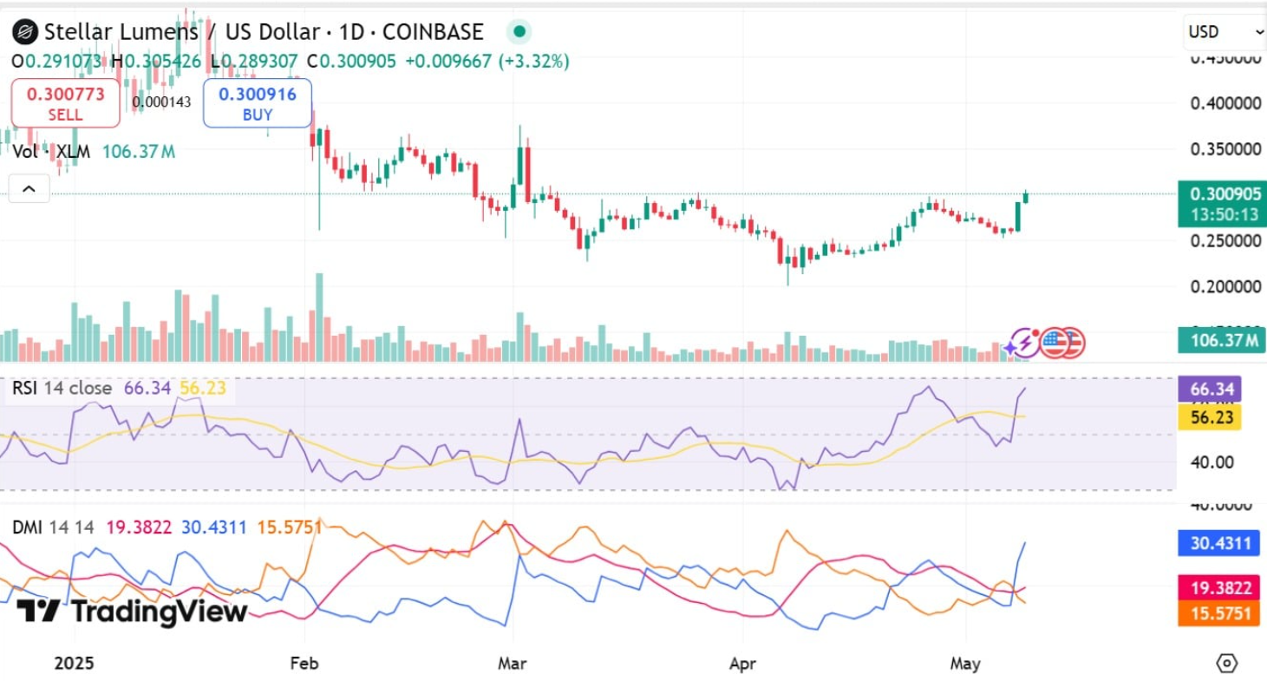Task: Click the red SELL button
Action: pos(65,103)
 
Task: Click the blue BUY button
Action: pos(257,103)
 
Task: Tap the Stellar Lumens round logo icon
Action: pos(24,33)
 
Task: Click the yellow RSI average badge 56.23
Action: pos(1211,417)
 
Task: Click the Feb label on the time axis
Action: pos(304,664)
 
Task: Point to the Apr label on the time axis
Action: pos(743,664)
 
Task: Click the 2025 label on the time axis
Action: pos(73,664)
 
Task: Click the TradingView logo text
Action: pos(132,612)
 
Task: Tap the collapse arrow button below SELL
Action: pos(29,188)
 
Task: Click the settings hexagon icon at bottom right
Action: pos(1227,664)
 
